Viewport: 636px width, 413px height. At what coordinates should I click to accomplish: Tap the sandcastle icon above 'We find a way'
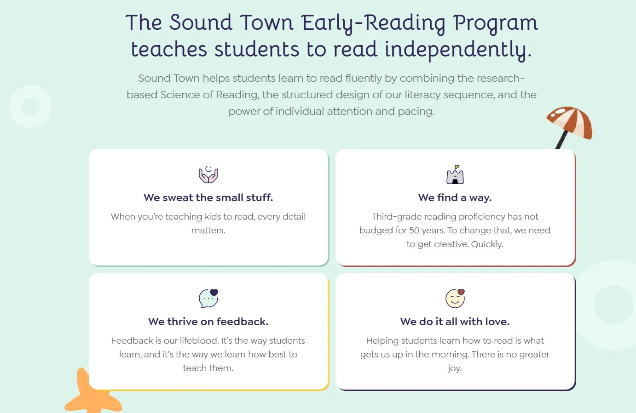[x=455, y=175]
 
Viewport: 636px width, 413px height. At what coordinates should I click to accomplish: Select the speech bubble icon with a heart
[x=208, y=299]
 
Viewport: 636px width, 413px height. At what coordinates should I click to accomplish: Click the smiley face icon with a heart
[x=455, y=299]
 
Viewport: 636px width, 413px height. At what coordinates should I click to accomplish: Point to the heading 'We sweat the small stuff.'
[x=208, y=198]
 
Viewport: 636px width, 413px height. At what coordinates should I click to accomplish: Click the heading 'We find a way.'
[x=455, y=198]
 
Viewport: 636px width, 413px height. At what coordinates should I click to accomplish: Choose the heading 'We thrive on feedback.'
[x=208, y=322]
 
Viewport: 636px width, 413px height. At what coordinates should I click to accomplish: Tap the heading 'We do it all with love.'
[x=455, y=322]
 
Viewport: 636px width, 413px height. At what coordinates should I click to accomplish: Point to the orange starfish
[x=90, y=395]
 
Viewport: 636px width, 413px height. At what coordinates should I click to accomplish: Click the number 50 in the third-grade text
[x=414, y=230]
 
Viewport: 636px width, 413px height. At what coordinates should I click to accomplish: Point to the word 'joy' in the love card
[x=454, y=368]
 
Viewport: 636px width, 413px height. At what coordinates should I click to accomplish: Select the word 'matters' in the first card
[x=208, y=230]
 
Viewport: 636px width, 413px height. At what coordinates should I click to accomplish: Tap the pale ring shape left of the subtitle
[x=30, y=107]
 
